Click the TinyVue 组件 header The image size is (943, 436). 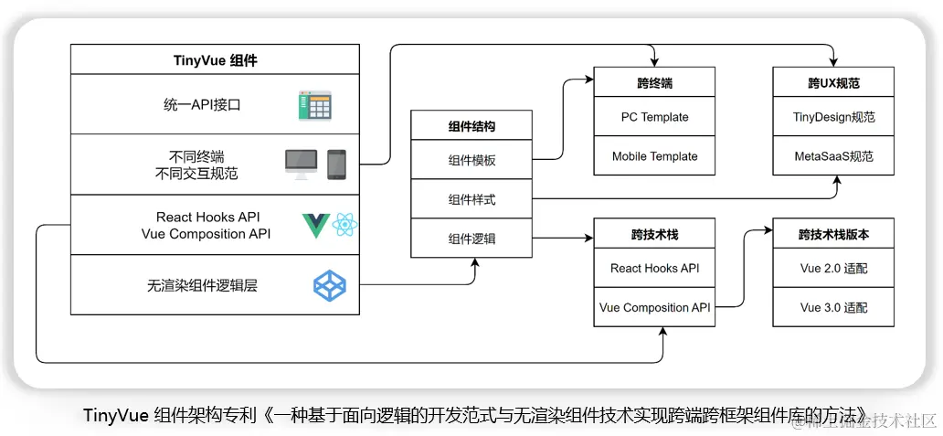[216, 59]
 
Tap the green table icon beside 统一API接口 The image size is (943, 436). [315, 106]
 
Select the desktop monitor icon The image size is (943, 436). [302, 165]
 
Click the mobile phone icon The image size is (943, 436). [337, 165]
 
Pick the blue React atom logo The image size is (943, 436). [345, 225]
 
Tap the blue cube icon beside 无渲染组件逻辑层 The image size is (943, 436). [330, 286]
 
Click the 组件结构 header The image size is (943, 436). [472, 126]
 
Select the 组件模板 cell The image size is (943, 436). [472, 160]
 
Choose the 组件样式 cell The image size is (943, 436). [472, 199]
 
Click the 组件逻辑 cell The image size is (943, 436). [472, 239]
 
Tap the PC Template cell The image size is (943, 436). [654, 117]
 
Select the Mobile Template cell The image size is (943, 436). [654, 155]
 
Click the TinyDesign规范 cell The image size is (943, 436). [833, 117]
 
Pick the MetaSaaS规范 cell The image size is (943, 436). [833, 155]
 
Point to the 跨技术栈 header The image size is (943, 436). [654, 234]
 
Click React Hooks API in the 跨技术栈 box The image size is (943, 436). [654, 268]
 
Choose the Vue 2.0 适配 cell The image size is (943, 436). [833, 268]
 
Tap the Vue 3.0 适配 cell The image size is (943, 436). [833, 307]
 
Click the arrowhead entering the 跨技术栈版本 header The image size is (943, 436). [769, 230]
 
